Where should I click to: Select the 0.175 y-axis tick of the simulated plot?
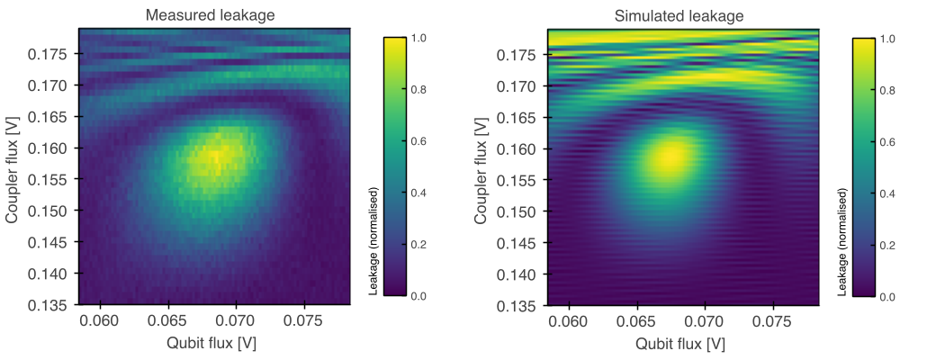[520, 55]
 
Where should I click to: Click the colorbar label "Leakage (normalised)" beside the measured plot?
[373, 241]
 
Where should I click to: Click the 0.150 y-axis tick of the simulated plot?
[520, 211]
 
